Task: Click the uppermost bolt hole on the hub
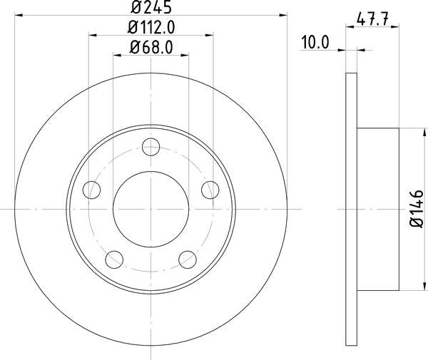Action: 151,148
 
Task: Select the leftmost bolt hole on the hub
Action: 91,190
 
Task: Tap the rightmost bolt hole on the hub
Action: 210,190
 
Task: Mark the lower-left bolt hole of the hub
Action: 114,259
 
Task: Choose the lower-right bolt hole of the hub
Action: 187,259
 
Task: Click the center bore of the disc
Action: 151,209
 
